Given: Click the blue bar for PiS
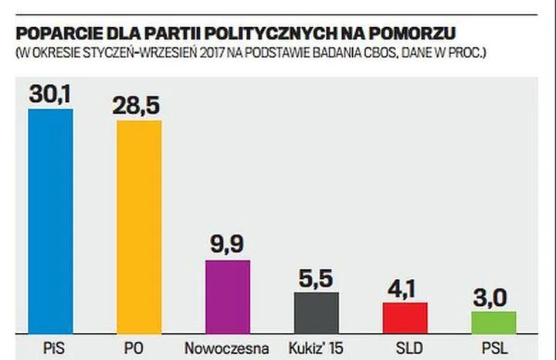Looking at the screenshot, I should (x=50, y=221).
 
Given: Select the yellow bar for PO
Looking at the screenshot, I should (x=139, y=227).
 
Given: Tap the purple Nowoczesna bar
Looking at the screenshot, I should (x=228, y=297).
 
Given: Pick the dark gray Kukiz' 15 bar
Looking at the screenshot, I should (x=316, y=313).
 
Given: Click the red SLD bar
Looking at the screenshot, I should (x=405, y=318).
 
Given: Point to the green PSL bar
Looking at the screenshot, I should (x=493, y=322).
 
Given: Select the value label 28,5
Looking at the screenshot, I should (x=139, y=106).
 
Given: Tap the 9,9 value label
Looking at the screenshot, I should (x=228, y=245).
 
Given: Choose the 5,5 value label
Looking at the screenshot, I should (x=316, y=277).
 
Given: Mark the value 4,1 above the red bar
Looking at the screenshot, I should (x=405, y=287).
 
